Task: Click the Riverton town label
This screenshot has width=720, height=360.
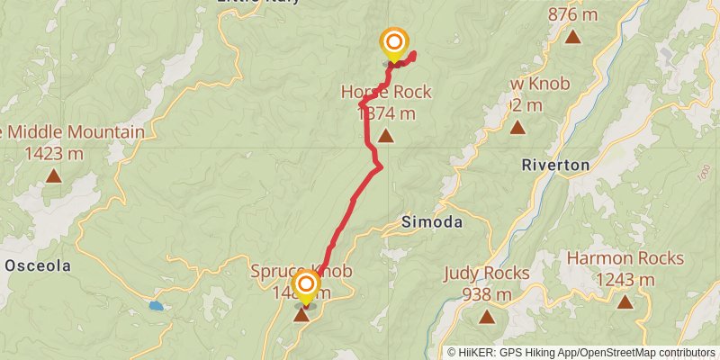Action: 555,165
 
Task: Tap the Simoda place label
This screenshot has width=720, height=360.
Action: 432,222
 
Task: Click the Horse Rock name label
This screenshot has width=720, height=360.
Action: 386,92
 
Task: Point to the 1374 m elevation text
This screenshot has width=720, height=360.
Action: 386,113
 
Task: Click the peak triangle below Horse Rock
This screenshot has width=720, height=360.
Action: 386,136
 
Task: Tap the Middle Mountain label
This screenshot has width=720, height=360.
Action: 76,132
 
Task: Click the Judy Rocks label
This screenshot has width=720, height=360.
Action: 487,273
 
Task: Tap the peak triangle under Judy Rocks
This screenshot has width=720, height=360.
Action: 487,317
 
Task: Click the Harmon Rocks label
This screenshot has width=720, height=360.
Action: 625,258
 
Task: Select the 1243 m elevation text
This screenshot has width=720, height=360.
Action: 625,280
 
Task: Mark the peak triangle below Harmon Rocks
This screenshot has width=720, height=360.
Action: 625,302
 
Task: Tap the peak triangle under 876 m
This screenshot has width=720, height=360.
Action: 573,36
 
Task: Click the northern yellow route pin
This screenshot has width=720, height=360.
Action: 393,43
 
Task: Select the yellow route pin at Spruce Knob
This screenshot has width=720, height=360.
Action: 306,287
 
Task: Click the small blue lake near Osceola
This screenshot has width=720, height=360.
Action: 157,306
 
